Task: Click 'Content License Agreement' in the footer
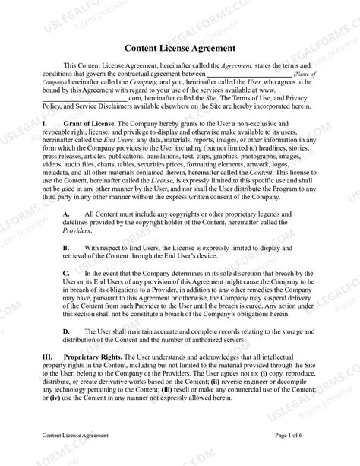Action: click(75, 436)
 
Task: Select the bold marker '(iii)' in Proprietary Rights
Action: click(198, 388)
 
